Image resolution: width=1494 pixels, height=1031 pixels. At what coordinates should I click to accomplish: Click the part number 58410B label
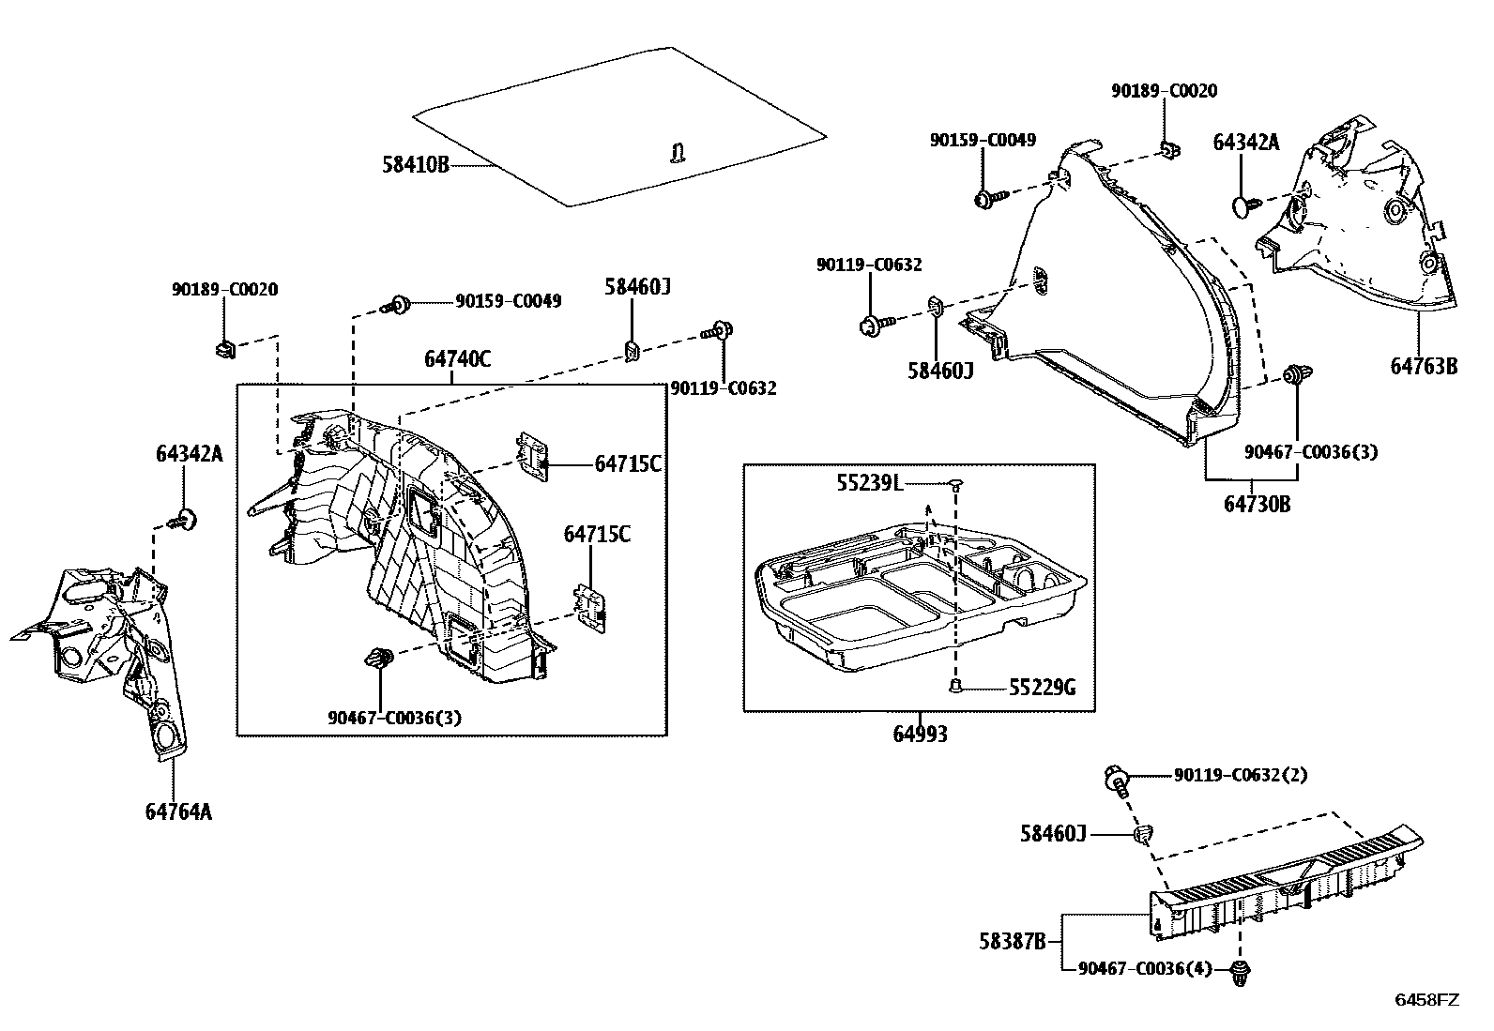415,165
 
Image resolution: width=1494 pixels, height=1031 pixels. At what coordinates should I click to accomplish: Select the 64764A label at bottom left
178,811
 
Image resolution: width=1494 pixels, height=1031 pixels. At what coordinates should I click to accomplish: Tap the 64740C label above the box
457,359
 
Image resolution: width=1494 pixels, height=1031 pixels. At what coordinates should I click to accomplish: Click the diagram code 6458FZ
1426,1000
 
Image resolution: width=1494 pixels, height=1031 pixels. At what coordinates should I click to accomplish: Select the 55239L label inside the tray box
869,483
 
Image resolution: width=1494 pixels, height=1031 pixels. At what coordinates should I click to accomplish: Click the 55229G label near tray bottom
1042,689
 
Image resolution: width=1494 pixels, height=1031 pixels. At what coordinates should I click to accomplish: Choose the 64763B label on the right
1424,367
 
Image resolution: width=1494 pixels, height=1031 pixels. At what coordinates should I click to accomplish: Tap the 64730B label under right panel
1257,505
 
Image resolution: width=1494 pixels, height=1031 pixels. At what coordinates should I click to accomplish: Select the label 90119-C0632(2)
1240,775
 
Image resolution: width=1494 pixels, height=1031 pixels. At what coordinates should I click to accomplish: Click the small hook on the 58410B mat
678,152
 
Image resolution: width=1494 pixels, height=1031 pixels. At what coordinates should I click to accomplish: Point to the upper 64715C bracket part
534,457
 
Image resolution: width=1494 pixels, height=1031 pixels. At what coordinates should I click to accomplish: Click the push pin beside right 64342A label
1242,205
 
